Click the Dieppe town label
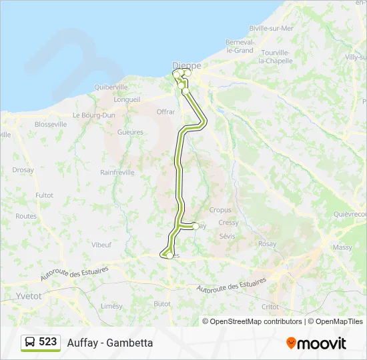[187, 65]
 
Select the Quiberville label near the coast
[111, 87]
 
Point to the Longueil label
[127, 100]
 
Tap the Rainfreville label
[117, 172]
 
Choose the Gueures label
[130, 132]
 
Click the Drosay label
[23, 170]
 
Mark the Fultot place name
[44, 195]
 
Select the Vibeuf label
[101, 245]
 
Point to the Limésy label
[111, 306]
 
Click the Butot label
[162, 303]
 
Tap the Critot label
[270, 307]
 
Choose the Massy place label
[342, 247]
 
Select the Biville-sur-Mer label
[271, 29]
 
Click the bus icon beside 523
[30, 342]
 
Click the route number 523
[47, 341]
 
